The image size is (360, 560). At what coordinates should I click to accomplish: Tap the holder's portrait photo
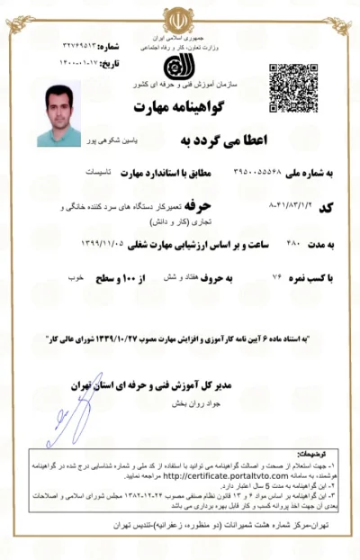[x=58, y=114]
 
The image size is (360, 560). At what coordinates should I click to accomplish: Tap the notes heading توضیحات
[x=319, y=455]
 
